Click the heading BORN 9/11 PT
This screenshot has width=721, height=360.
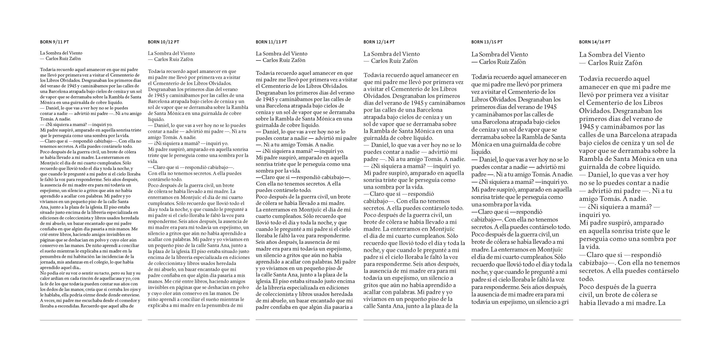54,42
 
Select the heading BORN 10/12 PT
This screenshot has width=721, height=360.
163,42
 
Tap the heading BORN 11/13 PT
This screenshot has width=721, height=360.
271,42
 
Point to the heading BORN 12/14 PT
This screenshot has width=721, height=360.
379,42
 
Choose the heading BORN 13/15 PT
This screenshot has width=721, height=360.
487,42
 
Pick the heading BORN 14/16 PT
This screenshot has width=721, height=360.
595,42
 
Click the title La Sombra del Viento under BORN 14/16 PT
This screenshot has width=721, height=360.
612,55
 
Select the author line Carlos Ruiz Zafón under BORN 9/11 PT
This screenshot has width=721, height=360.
63,59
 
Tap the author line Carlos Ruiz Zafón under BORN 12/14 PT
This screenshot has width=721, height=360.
394,61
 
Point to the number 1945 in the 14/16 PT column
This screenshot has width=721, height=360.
586,127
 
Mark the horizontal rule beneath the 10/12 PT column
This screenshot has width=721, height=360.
199,320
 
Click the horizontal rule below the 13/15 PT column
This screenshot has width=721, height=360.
522,320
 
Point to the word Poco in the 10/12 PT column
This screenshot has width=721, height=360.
154,185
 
